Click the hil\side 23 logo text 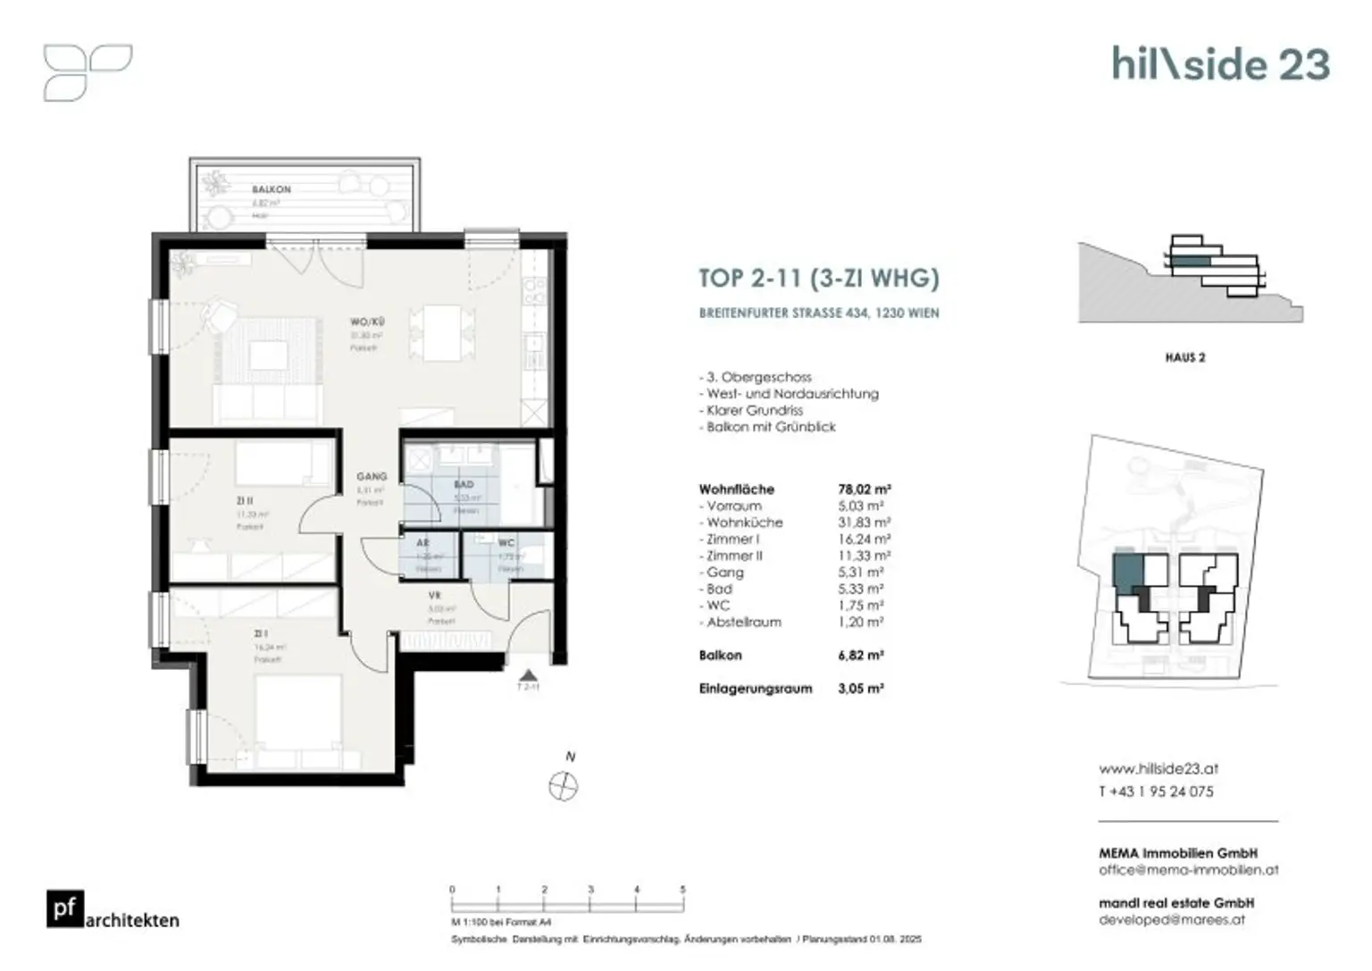[x=1220, y=64]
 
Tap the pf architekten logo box [x=65, y=909]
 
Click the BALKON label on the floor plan [x=271, y=189]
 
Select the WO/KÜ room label [x=366, y=322]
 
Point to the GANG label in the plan [x=372, y=476]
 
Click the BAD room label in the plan [x=464, y=484]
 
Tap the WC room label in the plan [x=506, y=542]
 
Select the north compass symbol [x=563, y=787]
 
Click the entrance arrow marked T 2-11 [x=528, y=676]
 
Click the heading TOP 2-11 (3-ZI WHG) [x=818, y=278]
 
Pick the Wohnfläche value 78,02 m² [x=864, y=490]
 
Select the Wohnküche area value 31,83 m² [x=864, y=523]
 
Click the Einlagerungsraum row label [x=755, y=689]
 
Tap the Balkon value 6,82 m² [x=861, y=656]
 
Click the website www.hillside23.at [x=1158, y=768]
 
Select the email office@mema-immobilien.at [x=1188, y=869]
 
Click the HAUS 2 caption [x=1184, y=357]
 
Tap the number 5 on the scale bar [x=682, y=890]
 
